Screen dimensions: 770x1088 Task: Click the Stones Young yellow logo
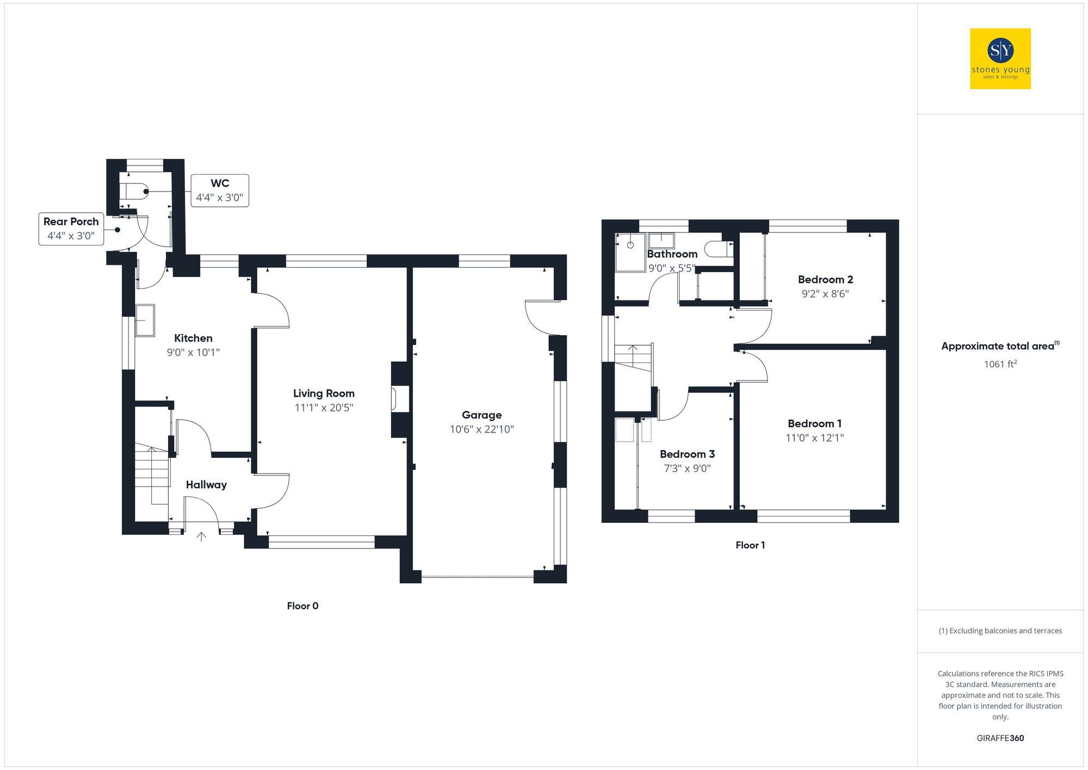1000,59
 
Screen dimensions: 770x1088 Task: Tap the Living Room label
324,393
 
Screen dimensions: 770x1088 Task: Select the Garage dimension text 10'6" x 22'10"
481,429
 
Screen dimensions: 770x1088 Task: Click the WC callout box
220,190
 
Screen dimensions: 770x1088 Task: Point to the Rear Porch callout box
71,229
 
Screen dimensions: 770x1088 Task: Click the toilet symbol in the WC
134,192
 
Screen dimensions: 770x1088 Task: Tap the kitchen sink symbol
145,320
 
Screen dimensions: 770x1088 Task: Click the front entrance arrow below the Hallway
201,537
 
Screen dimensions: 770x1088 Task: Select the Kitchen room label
193,338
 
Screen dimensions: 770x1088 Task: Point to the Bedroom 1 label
814,423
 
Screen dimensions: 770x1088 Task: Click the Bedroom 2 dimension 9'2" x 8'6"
825,294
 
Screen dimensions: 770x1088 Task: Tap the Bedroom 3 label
687,454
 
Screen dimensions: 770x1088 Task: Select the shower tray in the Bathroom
630,252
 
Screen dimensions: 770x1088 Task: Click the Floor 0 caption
302,606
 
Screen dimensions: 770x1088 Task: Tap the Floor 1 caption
750,545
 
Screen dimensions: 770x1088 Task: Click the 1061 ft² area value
1000,364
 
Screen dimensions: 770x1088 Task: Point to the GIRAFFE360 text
1000,738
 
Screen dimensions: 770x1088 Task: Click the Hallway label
206,485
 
